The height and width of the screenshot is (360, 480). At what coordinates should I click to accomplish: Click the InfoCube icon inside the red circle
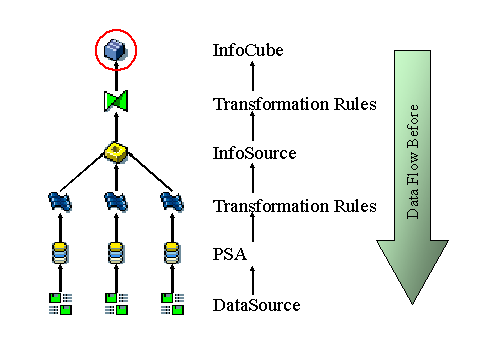click(x=117, y=48)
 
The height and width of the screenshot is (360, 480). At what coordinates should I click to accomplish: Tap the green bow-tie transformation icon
click(x=117, y=101)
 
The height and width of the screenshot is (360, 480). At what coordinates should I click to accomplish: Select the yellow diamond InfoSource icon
click(x=117, y=153)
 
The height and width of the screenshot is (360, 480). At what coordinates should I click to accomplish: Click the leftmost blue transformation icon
click(x=60, y=203)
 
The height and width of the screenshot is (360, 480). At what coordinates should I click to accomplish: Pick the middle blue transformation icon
click(x=117, y=203)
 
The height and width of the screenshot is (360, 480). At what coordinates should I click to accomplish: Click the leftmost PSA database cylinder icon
click(x=60, y=251)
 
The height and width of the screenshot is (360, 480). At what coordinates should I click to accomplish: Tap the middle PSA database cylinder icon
click(x=117, y=251)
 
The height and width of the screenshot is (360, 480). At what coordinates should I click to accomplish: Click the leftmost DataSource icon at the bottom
click(x=60, y=303)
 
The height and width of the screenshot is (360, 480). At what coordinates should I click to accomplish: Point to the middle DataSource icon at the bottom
click(x=117, y=303)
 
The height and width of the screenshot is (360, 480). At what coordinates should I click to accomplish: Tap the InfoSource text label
click(x=254, y=153)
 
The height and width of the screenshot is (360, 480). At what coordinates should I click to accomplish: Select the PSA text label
click(x=229, y=255)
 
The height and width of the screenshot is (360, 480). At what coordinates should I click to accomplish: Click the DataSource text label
click(x=256, y=305)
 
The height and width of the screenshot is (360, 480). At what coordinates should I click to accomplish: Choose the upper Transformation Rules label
click(x=294, y=103)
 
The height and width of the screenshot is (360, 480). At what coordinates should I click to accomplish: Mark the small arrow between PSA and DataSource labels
click(x=252, y=280)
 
